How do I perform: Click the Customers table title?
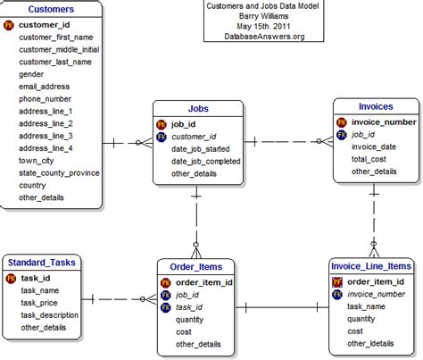tap(51, 9)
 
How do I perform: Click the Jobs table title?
tap(198, 109)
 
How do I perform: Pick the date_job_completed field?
tap(205, 161)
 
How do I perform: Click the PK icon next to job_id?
tap(162, 124)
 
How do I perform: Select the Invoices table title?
tap(375, 105)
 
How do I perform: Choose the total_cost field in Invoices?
tap(369, 158)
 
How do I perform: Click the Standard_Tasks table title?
tap(42, 262)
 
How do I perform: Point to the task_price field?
tap(40, 302)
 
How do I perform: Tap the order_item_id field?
tap(204, 281)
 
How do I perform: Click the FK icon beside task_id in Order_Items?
tap(166, 306)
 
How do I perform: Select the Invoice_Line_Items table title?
tap(369, 266)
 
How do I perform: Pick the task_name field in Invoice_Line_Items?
tap(368, 306)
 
